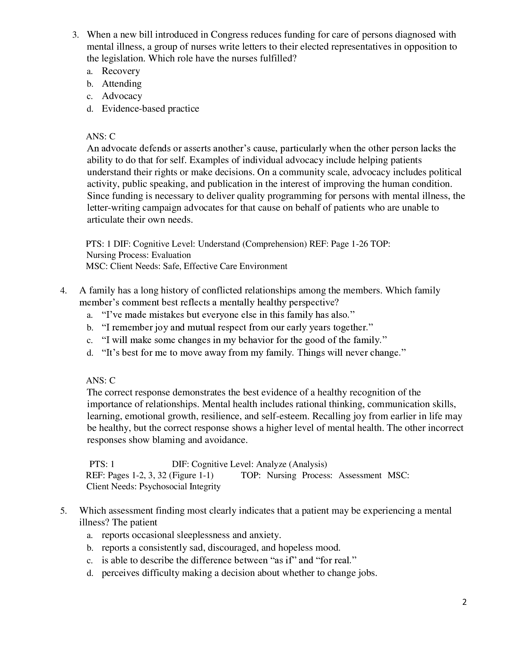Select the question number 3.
(x=75, y=35)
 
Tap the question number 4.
(x=63, y=291)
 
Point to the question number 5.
(x=63, y=511)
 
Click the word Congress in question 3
(x=229, y=35)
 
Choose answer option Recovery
(x=121, y=71)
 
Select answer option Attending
(x=122, y=84)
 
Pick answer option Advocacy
(x=122, y=96)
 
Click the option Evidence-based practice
(x=150, y=109)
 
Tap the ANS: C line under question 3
(x=101, y=136)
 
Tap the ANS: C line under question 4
(x=101, y=380)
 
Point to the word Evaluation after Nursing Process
(x=171, y=255)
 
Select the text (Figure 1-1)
(x=191, y=475)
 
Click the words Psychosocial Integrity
(x=180, y=486)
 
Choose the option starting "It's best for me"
(x=254, y=353)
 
